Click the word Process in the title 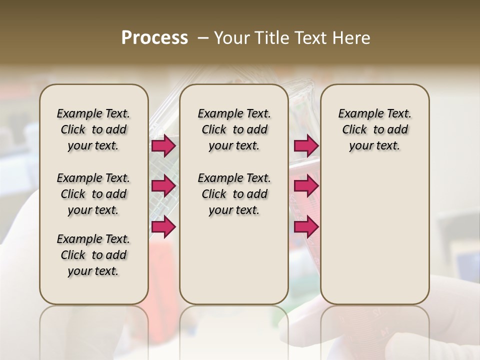(x=154, y=38)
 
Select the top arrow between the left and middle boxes (x=163, y=145)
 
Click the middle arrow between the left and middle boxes (x=163, y=186)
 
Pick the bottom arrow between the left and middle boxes (x=163, y=226)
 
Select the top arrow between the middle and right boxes (x=306, y=145)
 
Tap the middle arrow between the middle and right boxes (x=306, y=186)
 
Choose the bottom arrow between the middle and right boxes (x=306, y=226)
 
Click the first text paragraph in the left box (x=93, y=129)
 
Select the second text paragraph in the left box (x=93, y=194)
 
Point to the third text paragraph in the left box (x=93, y=255)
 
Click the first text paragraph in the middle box (x=234, y=129)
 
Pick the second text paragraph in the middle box (x=234, y=194)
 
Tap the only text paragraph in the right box (x=374, y=129)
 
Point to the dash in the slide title (x=203, y=38)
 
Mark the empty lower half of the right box (x=374, y=240)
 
